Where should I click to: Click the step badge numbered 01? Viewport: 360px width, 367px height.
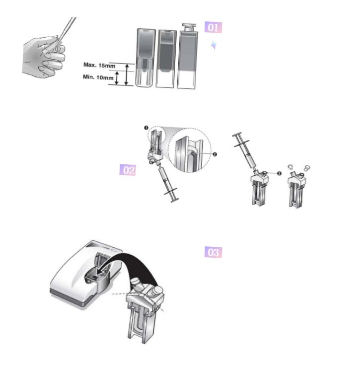[213, 27]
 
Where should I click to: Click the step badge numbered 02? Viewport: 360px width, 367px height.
[128, 170]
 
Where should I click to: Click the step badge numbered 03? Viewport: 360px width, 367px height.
[213, 252]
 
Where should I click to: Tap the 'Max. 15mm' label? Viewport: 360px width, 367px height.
[99, 65]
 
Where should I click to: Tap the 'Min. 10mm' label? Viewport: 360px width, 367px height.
[98, 77]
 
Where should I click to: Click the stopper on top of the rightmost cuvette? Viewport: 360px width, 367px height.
[189, 27]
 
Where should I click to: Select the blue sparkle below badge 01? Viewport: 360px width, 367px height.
[214, 45]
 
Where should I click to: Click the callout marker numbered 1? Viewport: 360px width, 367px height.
[146, 128]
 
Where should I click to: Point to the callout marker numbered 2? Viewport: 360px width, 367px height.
[215, 154]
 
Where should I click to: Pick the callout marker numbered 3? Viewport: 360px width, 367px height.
[279, 173]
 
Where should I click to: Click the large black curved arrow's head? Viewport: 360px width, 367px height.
[101, 272]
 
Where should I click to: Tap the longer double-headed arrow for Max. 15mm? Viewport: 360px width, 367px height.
[127, 74]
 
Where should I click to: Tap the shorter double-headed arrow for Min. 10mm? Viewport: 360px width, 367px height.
[117, 78]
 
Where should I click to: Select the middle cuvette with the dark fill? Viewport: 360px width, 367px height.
[166, 59]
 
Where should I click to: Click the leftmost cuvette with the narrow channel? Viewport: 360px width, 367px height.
[145, 58]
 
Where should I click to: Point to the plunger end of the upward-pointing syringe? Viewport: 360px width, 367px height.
[174, 200]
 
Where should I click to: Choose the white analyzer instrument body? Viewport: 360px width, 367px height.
[86, 273]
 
